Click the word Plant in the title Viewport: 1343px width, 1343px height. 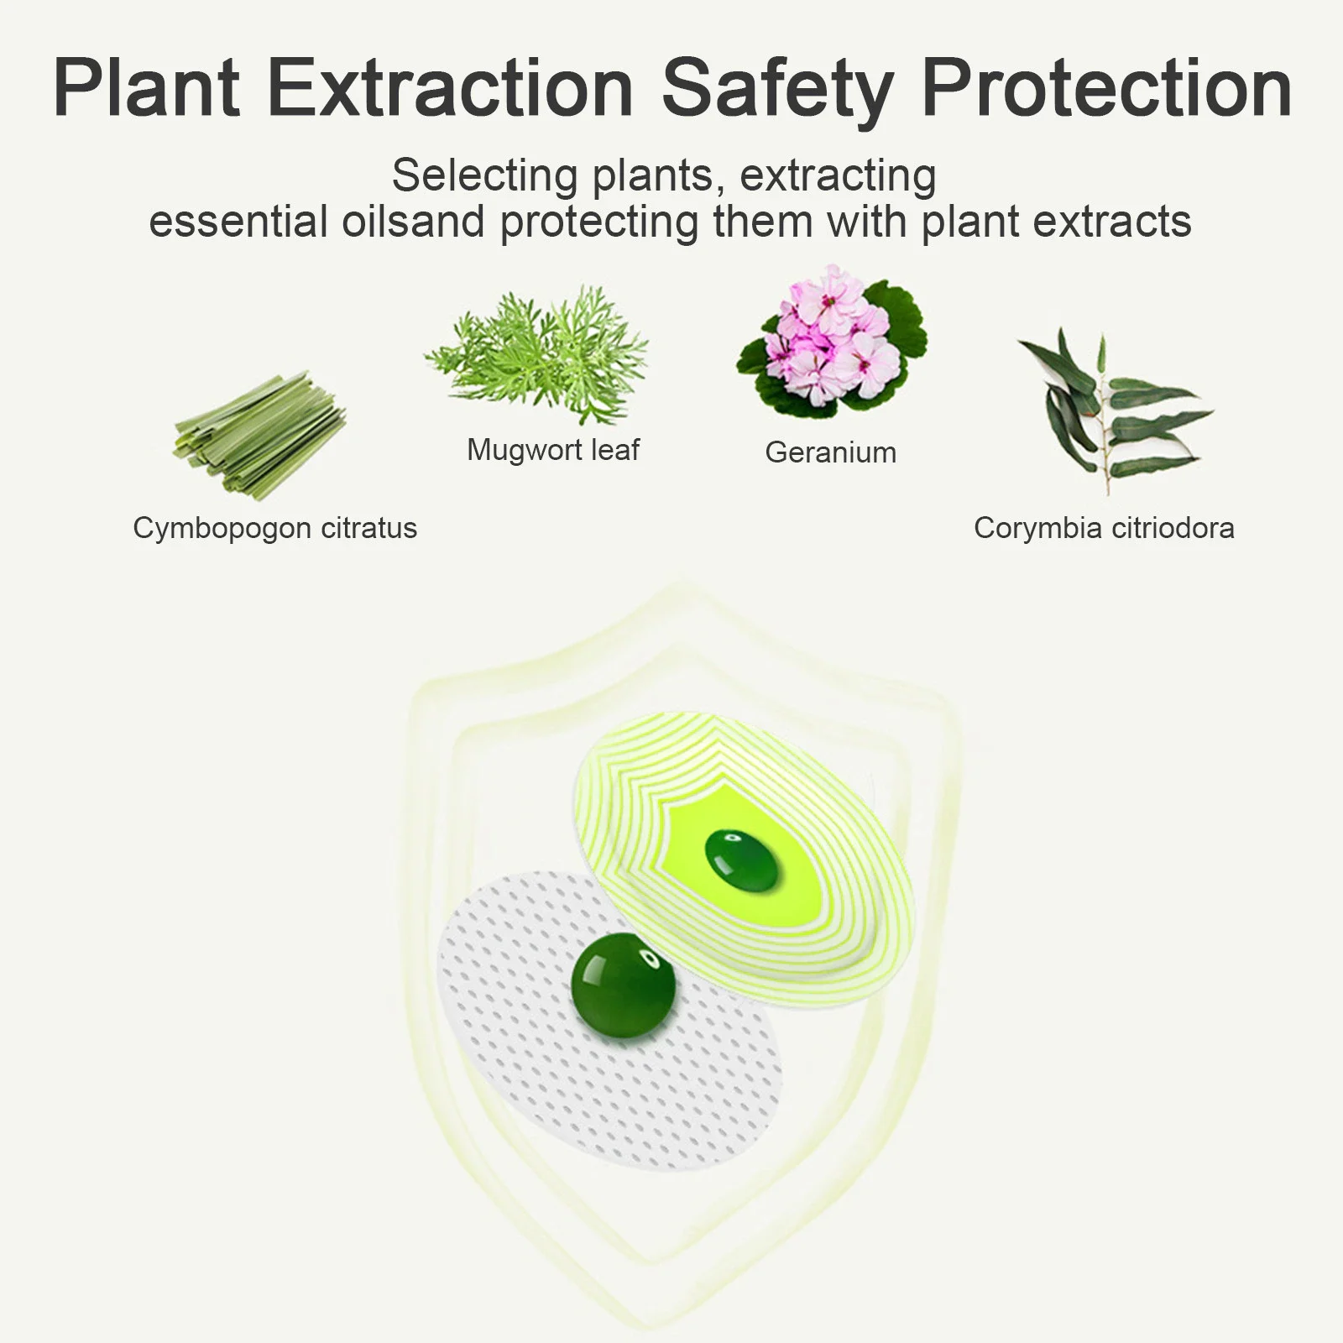[x=147, y=88]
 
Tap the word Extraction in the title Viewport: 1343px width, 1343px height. [x=450, y=88]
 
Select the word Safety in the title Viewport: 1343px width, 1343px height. [x=777, y=92]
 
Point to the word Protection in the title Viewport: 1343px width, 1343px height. [x=1106, y=88]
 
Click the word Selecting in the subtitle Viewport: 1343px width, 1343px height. [x=484, y=176]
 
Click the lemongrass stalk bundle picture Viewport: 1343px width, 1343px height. [x=259, y=436]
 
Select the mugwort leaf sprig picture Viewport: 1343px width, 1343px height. [x=537, y=355]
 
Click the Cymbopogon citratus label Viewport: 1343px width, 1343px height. [x=274, y=529]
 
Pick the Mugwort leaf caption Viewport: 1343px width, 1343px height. [x=553, y=451]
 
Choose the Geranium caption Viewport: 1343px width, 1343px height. [x=831, y=453]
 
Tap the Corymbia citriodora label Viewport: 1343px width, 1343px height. [x=1104, y=528]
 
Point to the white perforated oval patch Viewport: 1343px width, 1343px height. [x=611, y=1023]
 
